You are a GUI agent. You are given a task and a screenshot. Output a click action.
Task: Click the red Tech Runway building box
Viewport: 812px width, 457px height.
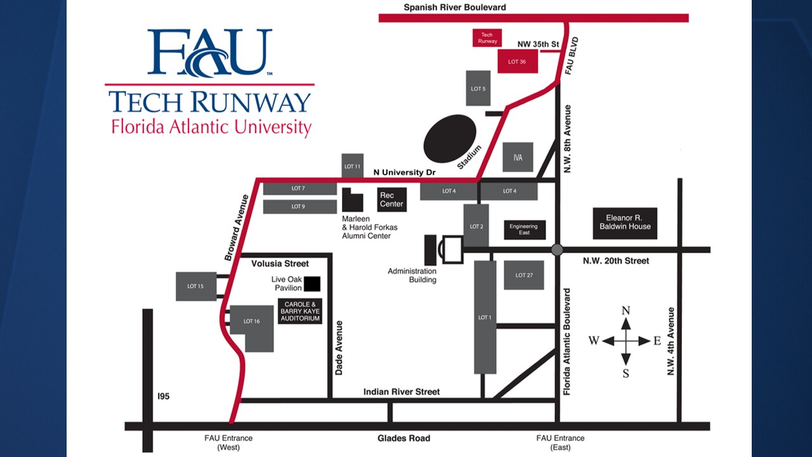pyautogui.click(x=487, y=37)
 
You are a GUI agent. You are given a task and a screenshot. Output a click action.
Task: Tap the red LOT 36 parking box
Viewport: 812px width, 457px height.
pyautogui.click(x=518, y=62)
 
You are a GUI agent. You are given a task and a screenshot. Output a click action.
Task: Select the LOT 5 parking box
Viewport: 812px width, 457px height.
pyautogui.click(x=478, y=89)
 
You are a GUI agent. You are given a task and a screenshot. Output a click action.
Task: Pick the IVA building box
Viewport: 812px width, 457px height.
pyautogui.click(x=518, y=157)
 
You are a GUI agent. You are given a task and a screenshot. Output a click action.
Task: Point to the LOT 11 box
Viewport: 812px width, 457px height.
pyautogui.click(x=353, y=166)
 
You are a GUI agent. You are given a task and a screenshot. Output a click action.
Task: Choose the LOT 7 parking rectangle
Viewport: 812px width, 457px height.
pyautogui.click(x=299, y=189)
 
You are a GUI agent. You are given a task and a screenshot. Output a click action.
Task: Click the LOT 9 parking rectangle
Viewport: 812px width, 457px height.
pyautogui.click(x=299, y=207)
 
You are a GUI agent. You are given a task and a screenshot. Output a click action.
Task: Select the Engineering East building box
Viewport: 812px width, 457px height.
pyautogui.click(x=524, y=230)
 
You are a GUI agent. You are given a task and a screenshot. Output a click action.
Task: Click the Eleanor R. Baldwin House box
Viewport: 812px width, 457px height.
pyautogui.click(x=625, y=223)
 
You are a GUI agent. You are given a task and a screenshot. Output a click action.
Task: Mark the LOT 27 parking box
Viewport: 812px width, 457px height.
pyautogui.click(x=524, y=275)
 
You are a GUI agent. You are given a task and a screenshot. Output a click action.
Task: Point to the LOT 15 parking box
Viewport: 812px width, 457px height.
pyautogui.click(x=195, y=286)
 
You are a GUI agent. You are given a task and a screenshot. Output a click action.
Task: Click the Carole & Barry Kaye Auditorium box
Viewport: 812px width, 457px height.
pyautogui.click(x=300, y=311)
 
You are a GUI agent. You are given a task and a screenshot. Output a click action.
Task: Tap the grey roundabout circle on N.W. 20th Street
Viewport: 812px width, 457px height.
pyautogui.click(x=558, y=249)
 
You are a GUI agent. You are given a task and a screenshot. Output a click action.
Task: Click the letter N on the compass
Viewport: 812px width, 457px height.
pyautogui.click(x=625, y=310)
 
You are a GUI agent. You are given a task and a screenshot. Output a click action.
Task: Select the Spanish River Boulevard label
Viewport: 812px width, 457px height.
pyautogui.click(x=455, y=8)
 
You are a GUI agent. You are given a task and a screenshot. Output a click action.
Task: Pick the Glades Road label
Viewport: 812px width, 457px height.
pyautogui.click(x=403, y=438)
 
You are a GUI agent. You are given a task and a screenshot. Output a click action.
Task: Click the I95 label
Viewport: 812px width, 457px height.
pyautogui.click(x=164, y=397)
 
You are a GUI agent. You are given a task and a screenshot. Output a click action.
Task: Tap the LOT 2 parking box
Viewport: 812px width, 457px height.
pyautogui.click(x=476, y=226)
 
